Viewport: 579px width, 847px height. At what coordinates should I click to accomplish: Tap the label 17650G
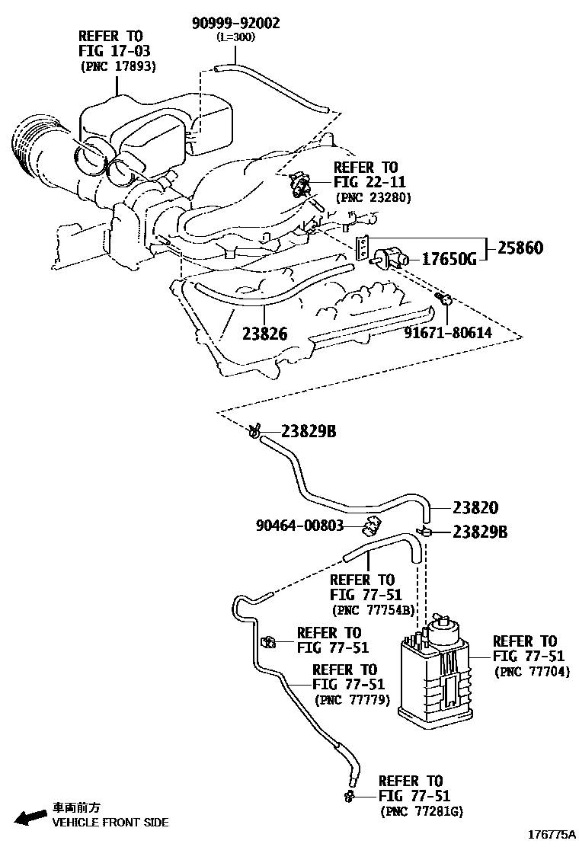click(x=449, y=260)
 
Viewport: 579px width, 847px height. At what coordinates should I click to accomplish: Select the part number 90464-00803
click(x=299, y=526)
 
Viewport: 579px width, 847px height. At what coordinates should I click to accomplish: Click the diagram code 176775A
click(x=551, y=835)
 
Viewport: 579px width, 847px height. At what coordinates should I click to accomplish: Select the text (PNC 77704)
click(x=532, y=671)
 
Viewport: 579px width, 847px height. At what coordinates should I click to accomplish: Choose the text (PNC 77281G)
click(x=421, y=812)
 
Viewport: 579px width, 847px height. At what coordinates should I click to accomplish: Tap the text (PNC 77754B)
click(x=373, y=610)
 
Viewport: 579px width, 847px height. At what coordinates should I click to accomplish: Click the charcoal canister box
click(x=434, y=678)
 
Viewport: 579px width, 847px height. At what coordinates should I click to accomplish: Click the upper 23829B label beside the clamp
click(x=309, y=431)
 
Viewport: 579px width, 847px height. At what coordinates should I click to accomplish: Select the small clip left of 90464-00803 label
click(x=373, y=525)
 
